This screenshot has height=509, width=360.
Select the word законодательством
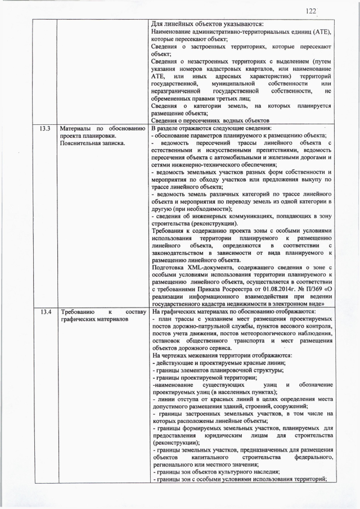coord(183,253)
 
